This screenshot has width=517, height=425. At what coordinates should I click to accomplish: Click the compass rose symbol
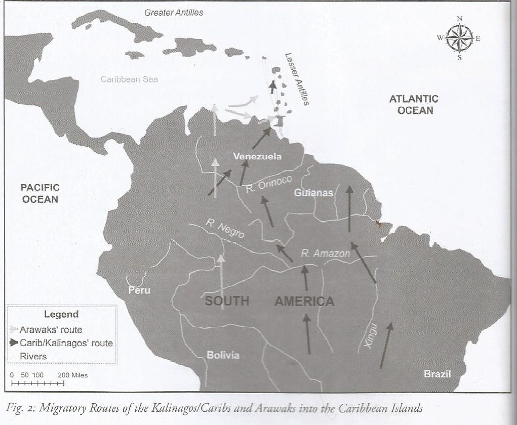coord(459,38)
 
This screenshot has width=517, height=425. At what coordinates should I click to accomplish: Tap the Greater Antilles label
coord(174,13)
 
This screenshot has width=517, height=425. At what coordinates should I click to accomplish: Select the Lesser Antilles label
coord(296,79)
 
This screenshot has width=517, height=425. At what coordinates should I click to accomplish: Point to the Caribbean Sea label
coord(129,79)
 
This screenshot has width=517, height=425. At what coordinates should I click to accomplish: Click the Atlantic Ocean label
coord(414,105)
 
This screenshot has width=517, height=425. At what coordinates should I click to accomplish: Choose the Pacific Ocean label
coord(40,193)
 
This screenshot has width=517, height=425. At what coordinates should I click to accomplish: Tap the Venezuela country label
coord(257,156)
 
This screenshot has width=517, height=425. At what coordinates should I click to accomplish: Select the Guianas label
coord(314,193)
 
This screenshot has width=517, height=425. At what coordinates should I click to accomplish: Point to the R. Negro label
coord(225,229)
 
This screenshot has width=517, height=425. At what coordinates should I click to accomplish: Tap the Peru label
coord(139,290)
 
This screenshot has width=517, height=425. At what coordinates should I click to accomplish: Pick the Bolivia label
coord(223,355)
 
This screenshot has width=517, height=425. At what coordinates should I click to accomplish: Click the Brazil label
coord(437,374)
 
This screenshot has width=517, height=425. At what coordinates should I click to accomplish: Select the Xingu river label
coord(371,335)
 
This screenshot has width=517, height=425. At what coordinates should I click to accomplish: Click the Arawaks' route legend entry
coord(50,330)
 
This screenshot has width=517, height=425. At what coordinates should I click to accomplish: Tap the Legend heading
coord(61,314)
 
